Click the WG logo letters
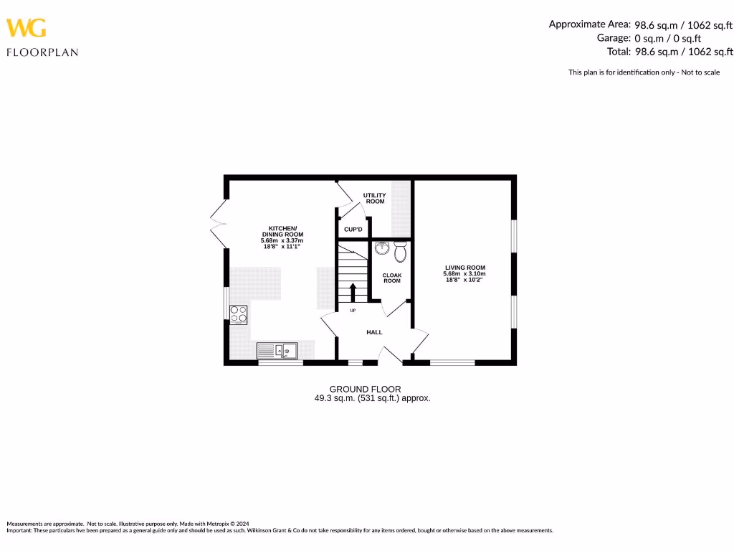point(27,28)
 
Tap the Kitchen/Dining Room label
point(282,231)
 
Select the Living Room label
point(464,268)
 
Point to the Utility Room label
point(375,198)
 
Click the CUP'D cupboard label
point(353,230)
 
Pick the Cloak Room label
point(391,278)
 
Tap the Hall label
point(374,332)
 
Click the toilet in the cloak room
point(400,252)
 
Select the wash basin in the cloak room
point(381,248)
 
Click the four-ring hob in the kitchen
point(239,314)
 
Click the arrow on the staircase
point(352,293)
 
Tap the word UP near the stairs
point(353,311)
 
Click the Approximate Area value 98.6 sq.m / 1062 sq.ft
point(683,24)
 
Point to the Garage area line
point(649,38)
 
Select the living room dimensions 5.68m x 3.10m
point(464,274)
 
